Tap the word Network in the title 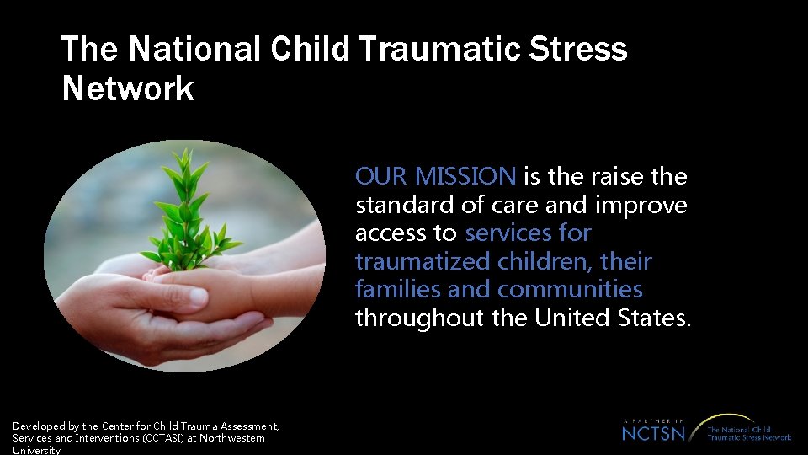128,88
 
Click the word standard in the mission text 400,205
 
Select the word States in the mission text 657,318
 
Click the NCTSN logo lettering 654,433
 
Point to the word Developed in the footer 39,426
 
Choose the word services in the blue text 504,233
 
